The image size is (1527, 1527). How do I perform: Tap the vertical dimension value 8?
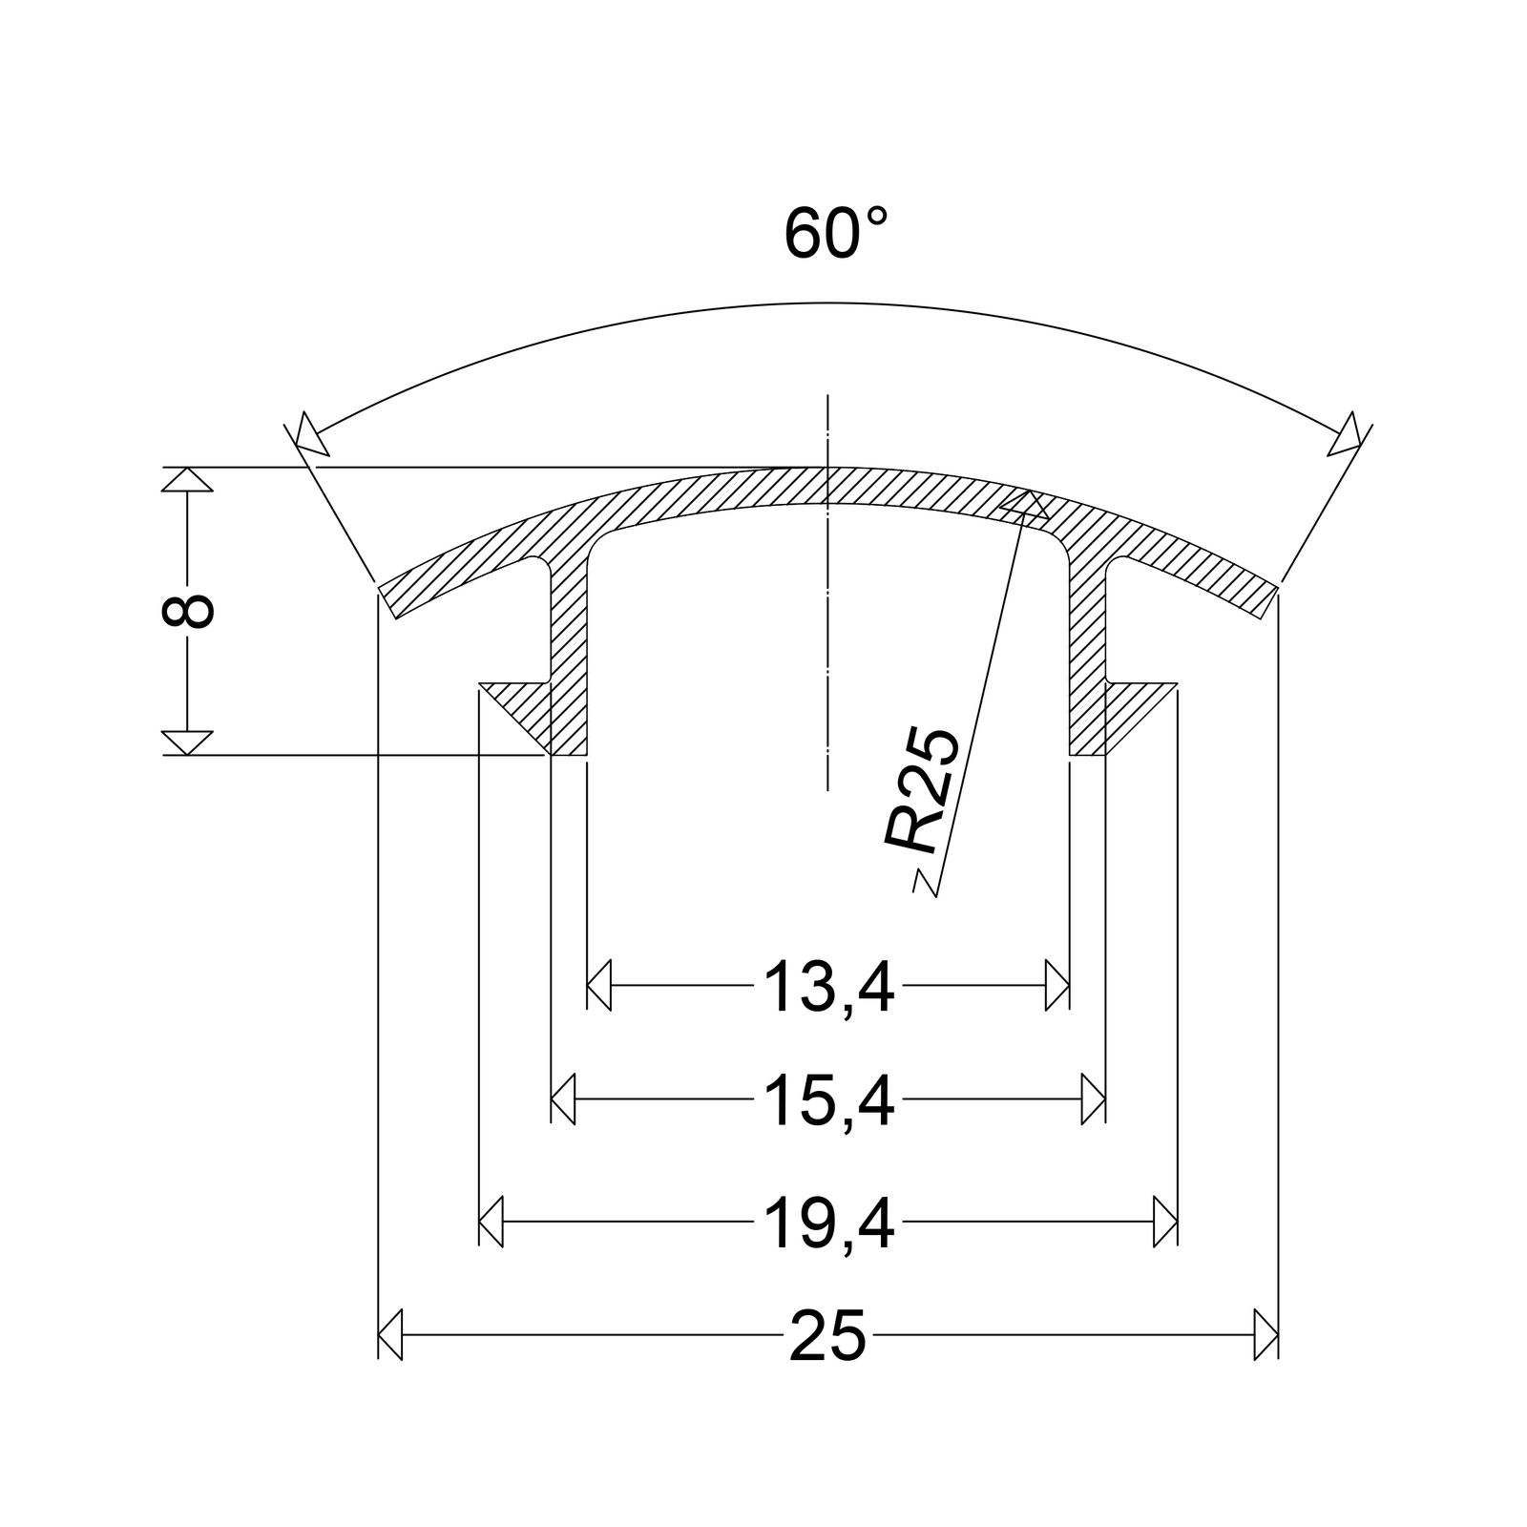coord(188,610)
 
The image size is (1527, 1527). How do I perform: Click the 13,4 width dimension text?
coord(828,988)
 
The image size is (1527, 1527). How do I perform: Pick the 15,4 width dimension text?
coord(828,1100)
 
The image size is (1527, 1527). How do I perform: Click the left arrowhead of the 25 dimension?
coord(390,1333)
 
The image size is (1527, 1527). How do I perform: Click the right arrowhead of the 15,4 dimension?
coord(1094,1099)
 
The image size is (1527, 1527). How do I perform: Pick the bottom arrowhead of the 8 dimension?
coord(187,743)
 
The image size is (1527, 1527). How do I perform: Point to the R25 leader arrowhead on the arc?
coord(1024,506)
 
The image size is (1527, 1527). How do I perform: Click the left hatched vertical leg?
coord(569,659)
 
